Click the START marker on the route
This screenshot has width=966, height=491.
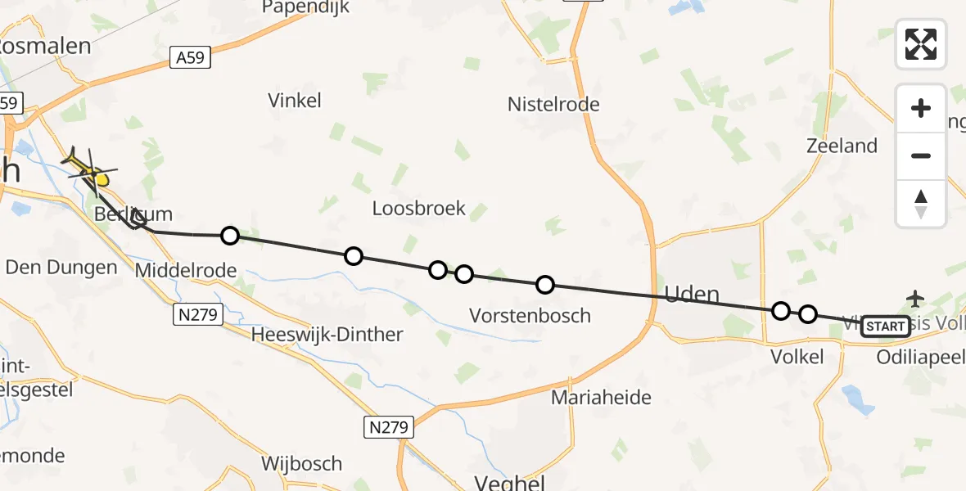(885, 327)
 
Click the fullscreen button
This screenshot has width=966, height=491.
(921, 43)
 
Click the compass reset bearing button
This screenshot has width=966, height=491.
(921, 203)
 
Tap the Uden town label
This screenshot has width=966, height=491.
(693, 295)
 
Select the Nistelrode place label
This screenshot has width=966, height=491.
(553, 104)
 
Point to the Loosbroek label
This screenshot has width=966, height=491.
(418, 208)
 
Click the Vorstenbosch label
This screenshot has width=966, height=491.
(530, 315)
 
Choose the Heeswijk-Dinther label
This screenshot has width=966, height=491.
(327, 334)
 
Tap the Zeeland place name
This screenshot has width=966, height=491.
(842, 146)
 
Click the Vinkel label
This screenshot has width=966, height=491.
(295, 101)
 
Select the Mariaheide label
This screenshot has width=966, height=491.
(601, 398)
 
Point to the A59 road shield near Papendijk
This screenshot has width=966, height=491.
(191, 57)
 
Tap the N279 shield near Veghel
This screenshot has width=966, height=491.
(389, 426)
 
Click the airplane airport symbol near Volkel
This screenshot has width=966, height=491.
(915, 298)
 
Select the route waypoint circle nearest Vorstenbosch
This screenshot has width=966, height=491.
(544, 285)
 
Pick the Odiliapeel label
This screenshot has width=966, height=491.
(920, 357)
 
